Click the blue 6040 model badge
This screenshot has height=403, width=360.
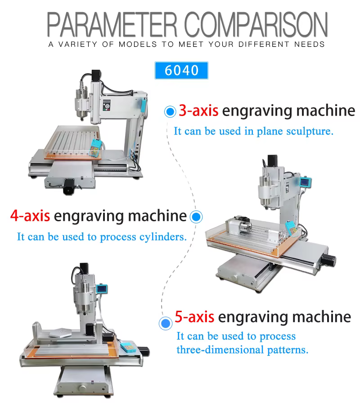click(x=181, y=70)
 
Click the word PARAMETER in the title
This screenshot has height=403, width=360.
click(x=112, y=24)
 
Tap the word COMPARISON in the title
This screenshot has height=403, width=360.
click(x=256, y=24)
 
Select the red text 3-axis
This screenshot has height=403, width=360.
click(x=198, y=111)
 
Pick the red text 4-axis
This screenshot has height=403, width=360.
click(x=30, y=215)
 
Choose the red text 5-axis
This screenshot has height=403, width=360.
click(x=194, y=317)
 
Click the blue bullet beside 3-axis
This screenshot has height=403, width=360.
click(x=170, y=112)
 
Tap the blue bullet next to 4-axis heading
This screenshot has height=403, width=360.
click(x=196, y=217)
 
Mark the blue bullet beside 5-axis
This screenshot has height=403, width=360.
click(x=165, y=323)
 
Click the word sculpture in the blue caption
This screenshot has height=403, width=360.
click(x=310, y=131)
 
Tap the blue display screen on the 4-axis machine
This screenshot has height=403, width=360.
click(x=306, y=182)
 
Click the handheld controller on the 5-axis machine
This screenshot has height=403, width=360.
click(x=128, y=347)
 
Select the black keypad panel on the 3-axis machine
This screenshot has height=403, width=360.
click(x=107, y=105)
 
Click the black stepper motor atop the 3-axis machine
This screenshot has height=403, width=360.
click(x=96, y=76)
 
